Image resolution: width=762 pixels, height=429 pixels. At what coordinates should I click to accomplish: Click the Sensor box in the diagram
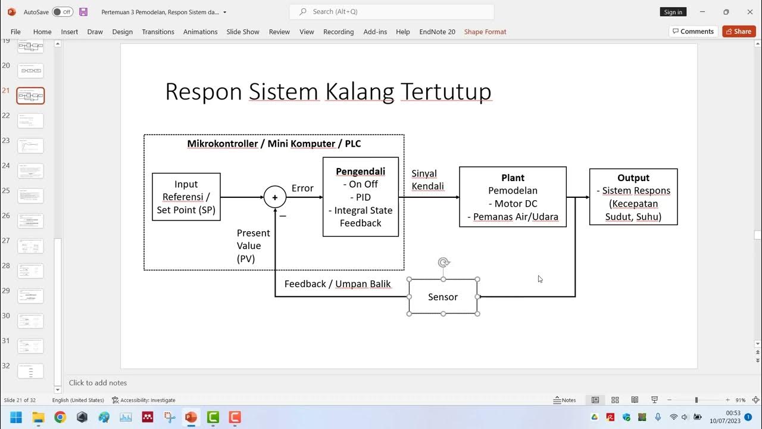coord(443,297)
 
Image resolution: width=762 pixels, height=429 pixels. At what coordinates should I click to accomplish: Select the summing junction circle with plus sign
coord(275,197)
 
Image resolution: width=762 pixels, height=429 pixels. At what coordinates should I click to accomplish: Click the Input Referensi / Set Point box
coord(186,197)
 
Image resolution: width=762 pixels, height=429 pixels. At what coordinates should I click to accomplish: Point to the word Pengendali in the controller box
coord(360,172)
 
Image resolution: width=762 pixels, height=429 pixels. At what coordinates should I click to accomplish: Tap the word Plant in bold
coord(513,178)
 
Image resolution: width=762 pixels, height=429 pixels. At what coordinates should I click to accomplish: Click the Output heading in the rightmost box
coord(633,178)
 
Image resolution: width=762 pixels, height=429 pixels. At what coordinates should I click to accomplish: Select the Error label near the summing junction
coord(302,188)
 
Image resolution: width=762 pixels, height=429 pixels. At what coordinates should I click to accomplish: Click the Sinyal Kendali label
coord(427,180)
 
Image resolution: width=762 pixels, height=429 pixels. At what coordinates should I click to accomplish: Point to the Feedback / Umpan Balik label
coord(338,284)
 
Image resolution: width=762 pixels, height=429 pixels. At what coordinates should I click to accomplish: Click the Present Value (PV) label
coord(253,245)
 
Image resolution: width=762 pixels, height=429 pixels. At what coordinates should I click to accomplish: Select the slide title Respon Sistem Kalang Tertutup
coord(328,92)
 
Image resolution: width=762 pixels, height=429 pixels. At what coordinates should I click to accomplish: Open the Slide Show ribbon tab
coord(243,32)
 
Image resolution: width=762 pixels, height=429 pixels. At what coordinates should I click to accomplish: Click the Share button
coord(739,32)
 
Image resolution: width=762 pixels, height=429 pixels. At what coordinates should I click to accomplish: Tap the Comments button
coord(692,32)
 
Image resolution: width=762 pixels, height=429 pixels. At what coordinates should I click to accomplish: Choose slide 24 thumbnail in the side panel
coord(30,171)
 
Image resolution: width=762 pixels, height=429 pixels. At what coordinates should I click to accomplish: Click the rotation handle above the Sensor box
coord(443,262)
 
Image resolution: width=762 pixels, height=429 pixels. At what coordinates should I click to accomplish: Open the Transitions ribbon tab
coord(158,32)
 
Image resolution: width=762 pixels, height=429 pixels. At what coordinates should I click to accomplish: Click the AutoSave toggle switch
coord(63,12)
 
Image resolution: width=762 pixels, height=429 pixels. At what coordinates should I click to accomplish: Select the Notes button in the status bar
coord(565,400)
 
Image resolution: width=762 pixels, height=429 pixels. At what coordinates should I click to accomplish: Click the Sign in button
coord(673,12)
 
